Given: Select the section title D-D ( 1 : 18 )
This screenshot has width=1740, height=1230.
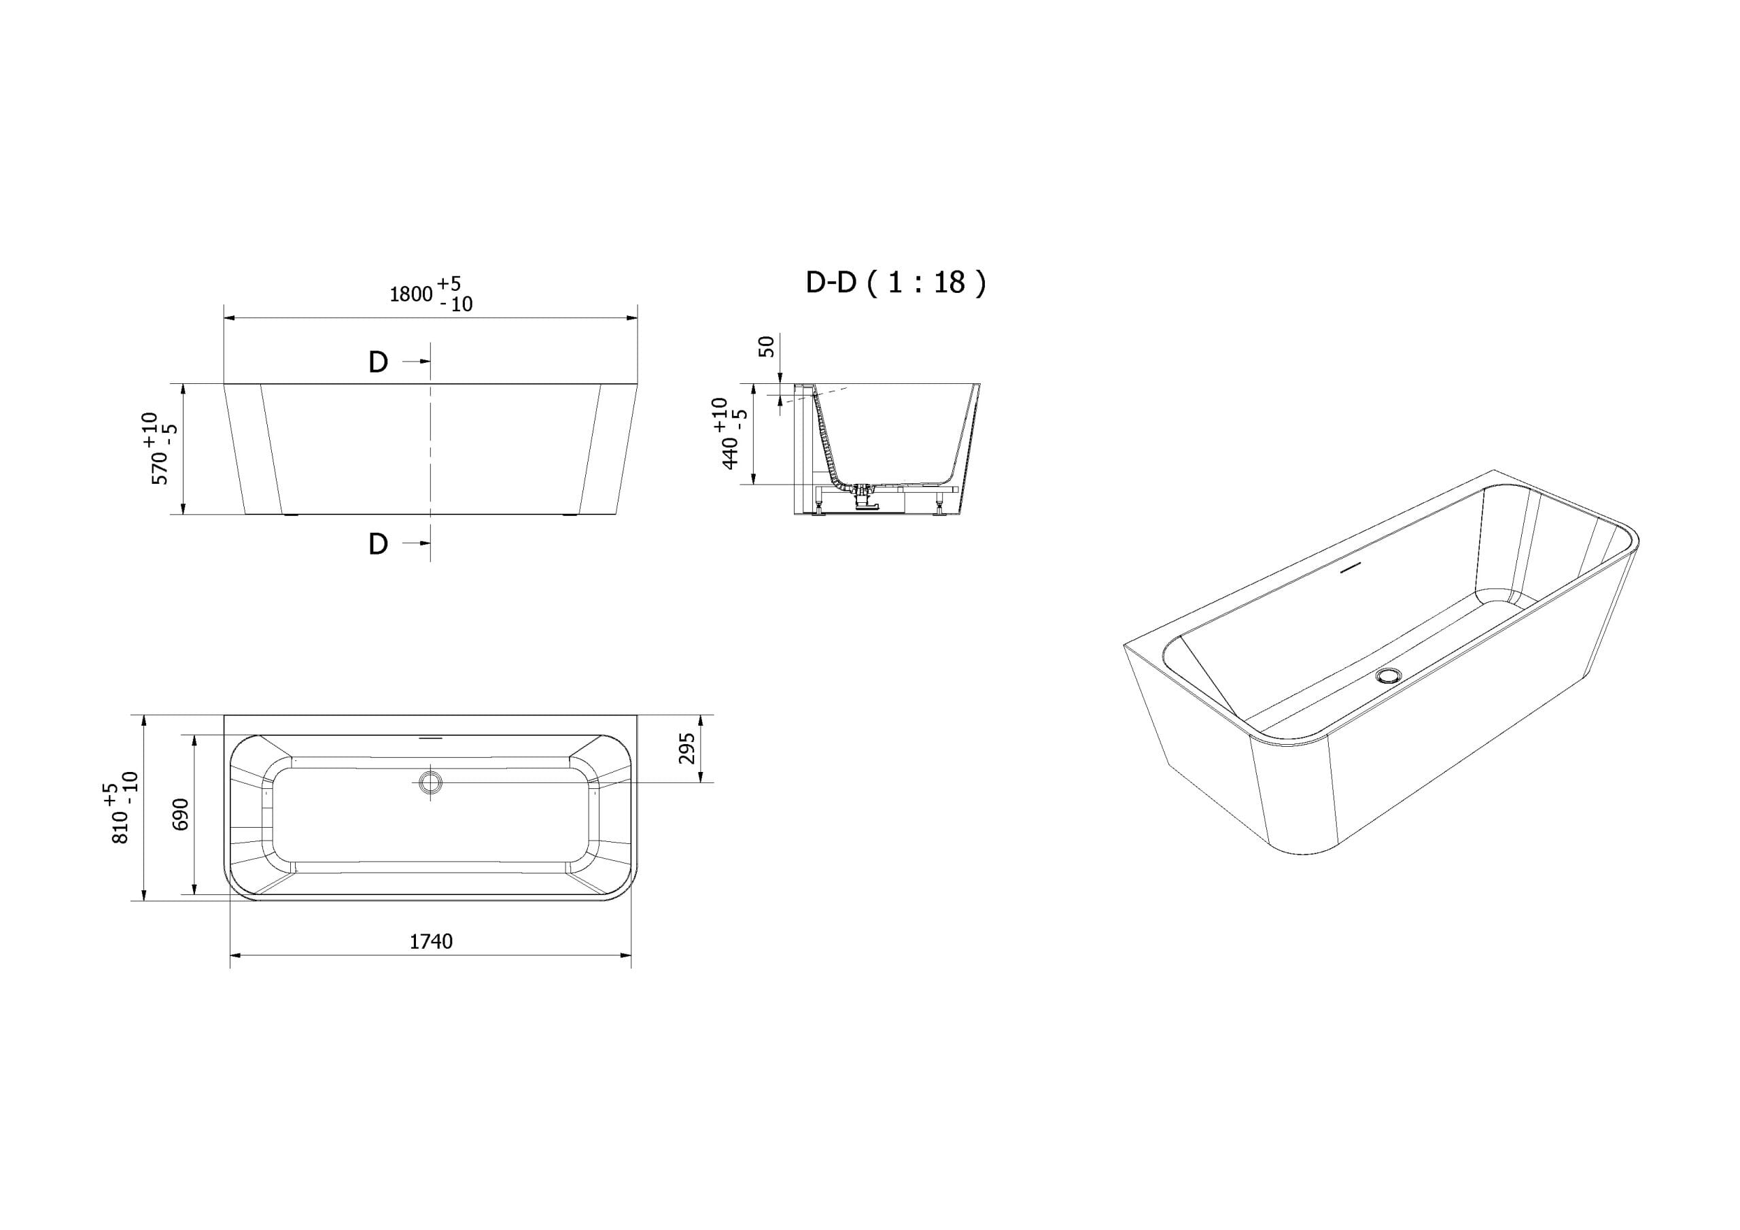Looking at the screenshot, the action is click(896, 283).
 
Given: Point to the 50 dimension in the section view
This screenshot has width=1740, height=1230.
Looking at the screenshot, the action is click(767, 347).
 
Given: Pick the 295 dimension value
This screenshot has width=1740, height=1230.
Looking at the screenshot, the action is click(686, 748).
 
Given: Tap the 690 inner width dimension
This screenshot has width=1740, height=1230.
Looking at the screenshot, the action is click(180, 814).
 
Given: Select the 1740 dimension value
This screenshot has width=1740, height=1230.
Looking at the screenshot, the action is click(431, 941).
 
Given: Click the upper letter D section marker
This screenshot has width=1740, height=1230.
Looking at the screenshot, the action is click(378, 362).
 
